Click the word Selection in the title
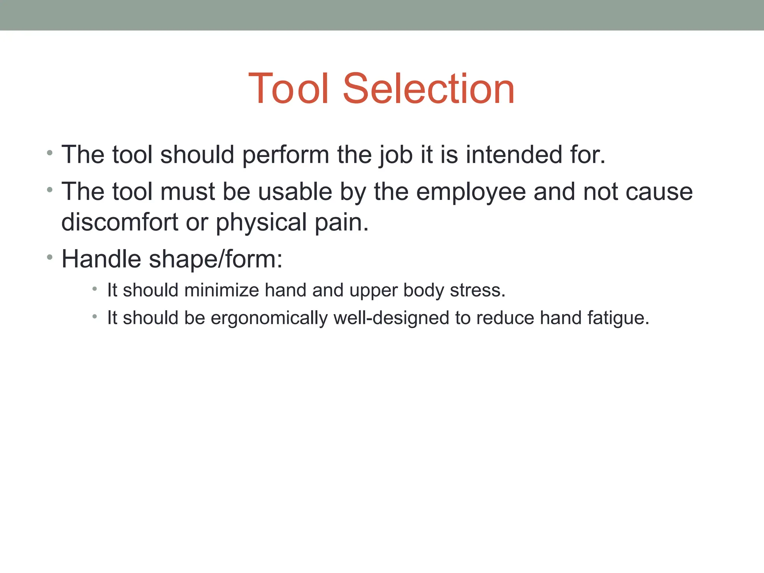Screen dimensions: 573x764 pyautogui.click(x=429, y=89)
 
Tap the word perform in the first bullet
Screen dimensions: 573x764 pyautogui.click(x=285, y=155)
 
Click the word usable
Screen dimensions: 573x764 pyautogui.click(x=295, y=192)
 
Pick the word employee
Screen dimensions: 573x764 pyautogui.click(x=471, y=192)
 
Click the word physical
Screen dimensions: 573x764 pyautogui.click(x=262, y=223)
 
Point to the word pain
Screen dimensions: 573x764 pyautogui.click(x=341, y=223)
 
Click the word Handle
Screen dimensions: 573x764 pyautogui.click(x=101, y=259)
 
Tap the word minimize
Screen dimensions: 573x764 pyautogui.click(x=222, y=290)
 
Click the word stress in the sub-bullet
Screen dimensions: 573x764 pyautogui.click(x=477, y=290)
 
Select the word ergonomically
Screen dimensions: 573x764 pyautogui.click(x=269, y=318)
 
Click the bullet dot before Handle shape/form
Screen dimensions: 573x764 pyautogui.click(x=50, y=257)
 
